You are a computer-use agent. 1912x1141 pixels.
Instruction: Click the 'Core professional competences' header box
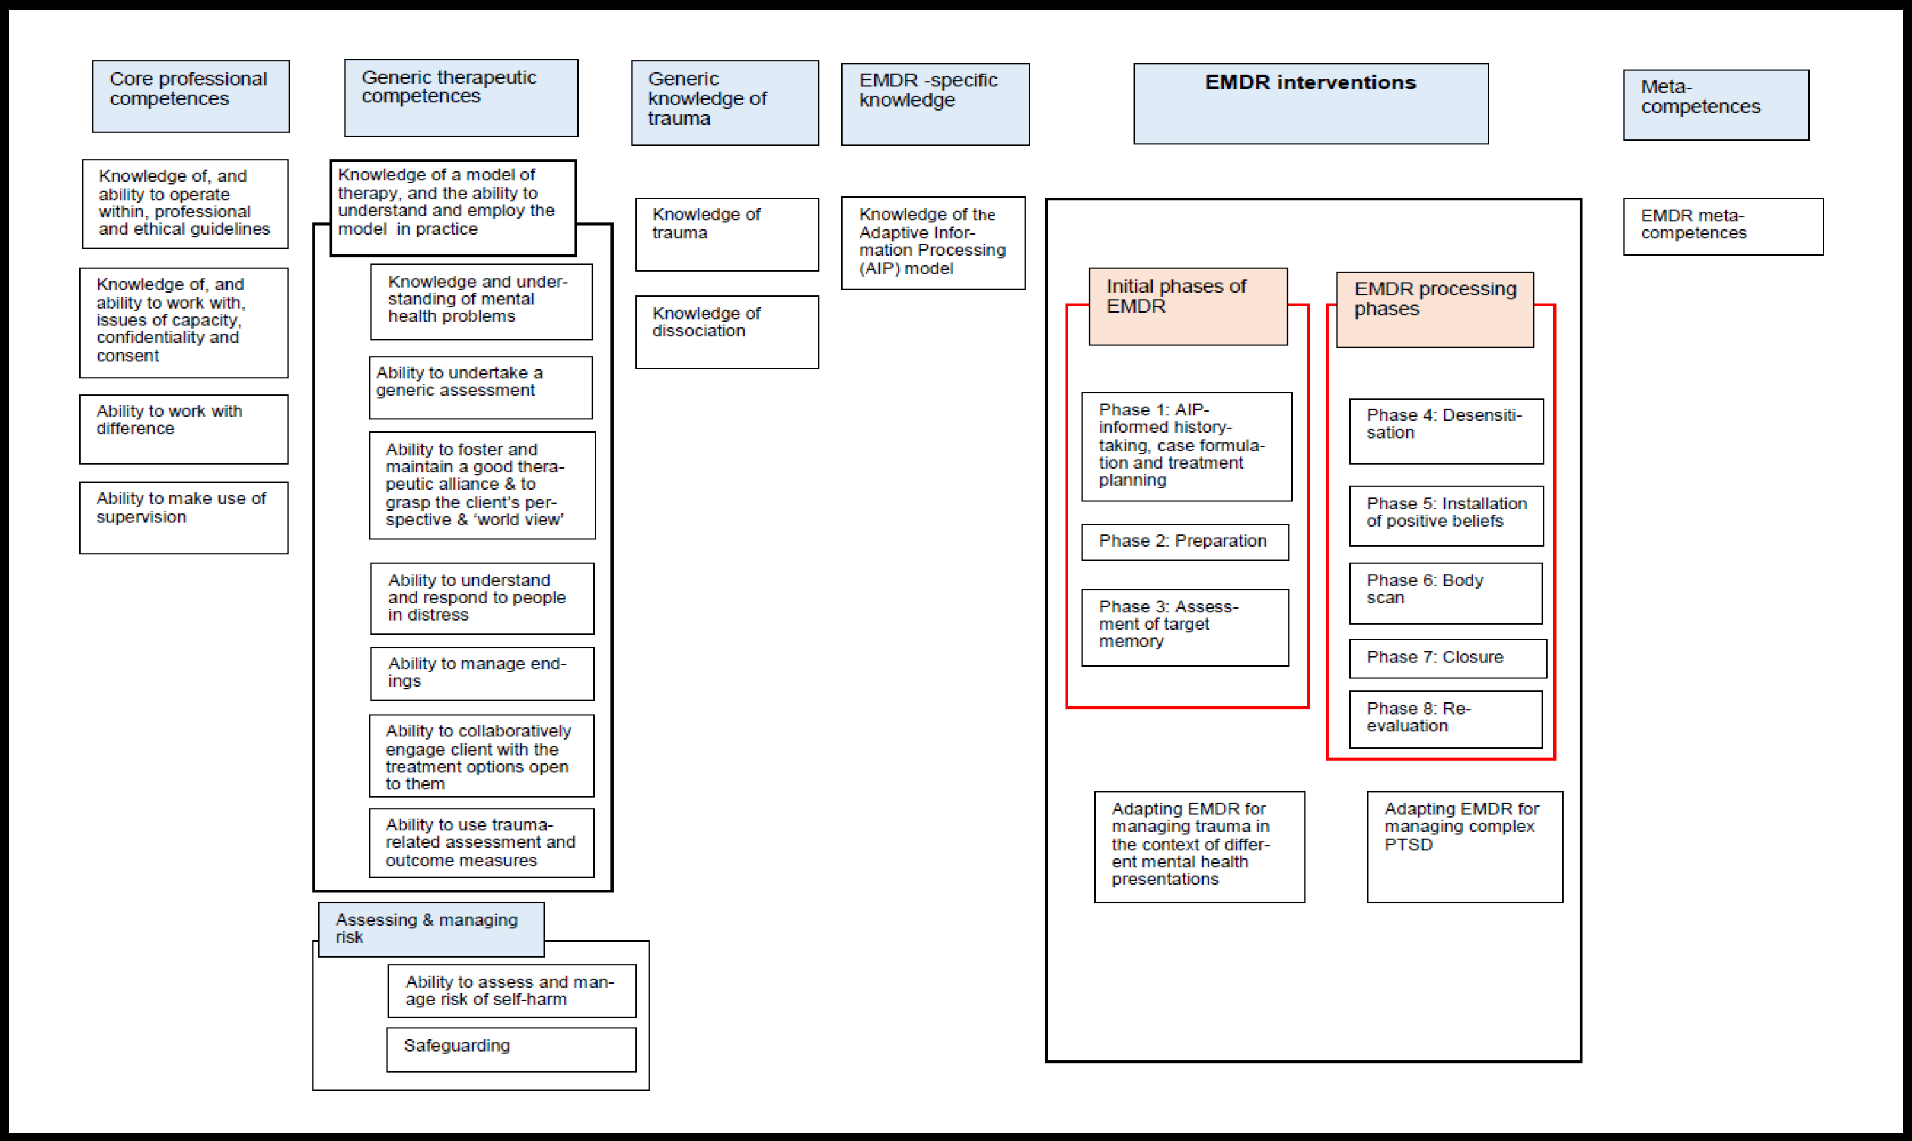coord(190,96)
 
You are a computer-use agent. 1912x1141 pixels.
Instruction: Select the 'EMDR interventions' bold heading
coord(1310,83)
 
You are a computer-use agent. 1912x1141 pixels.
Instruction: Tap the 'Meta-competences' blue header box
coord(1715,105)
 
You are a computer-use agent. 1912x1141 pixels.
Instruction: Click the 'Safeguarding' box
coord(511,1049)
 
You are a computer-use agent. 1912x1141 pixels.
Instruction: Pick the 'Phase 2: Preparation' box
coord(1184,542)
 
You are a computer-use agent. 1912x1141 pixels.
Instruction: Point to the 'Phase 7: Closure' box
coord(1447,658)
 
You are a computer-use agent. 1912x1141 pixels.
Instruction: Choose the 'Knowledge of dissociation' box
coord(727,332)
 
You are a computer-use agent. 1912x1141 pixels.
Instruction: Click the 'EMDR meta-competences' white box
coord(1722,226)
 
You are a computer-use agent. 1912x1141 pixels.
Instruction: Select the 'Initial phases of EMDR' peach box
coord(1187,306)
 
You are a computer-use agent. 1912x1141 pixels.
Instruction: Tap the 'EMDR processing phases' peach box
coord(1434,309)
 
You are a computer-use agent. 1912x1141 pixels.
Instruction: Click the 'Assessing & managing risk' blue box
coord(430,929)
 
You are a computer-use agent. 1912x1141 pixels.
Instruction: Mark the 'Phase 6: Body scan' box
coord(1445,593)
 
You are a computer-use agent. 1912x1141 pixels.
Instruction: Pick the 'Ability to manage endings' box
coord(482,674)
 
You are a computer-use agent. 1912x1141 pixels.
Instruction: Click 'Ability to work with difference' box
coord(183,429)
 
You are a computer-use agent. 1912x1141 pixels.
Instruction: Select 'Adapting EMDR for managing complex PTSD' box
coord(1464,846)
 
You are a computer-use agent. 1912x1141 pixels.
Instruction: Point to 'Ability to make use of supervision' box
coord(183,518)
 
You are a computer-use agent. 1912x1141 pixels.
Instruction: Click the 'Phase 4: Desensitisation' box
coord(1445,431)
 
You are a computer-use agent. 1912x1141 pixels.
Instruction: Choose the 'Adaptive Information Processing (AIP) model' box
coord(933,243)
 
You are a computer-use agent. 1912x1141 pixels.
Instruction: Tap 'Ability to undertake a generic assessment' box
coord(481,387)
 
